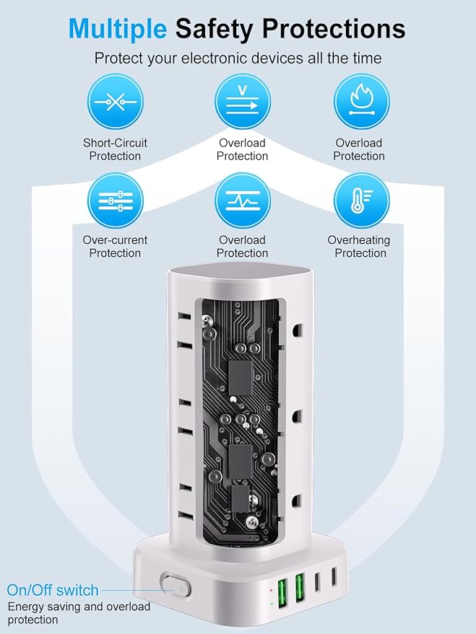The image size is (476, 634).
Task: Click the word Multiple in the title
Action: (118, 28)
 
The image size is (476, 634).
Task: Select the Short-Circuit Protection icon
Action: (115, 102)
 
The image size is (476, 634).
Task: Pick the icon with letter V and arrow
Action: (243, 102)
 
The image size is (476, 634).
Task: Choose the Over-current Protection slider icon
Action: (115, 201)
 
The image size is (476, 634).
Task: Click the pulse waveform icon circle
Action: (243, 201)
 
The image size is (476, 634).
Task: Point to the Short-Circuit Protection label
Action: (115, 149)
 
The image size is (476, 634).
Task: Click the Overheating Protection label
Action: (358, 247)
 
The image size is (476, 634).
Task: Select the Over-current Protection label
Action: (115, 247)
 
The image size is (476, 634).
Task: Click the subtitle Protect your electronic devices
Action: (238, 58)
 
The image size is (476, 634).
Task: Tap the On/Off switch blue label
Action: (52, 590)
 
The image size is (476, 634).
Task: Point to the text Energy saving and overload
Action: (79, 607)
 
